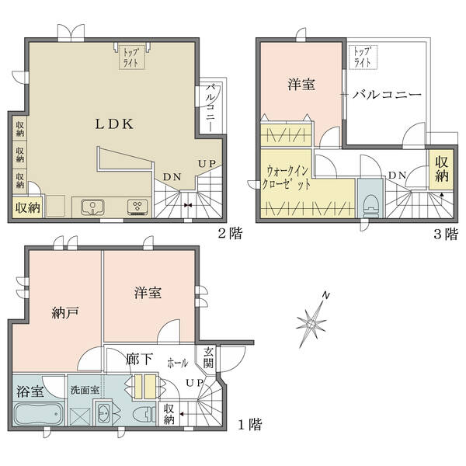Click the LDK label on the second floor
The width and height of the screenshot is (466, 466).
[114, 124]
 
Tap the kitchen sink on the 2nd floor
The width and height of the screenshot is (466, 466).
[92, 207]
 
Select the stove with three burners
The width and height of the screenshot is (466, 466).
[137, 207]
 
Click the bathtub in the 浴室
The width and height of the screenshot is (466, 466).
[38, 414]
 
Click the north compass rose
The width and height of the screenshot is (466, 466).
[313, 320]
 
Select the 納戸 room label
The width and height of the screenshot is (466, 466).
[65, 313]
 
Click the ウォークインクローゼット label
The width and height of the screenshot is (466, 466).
[286, 178]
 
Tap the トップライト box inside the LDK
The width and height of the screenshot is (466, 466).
[132, 57]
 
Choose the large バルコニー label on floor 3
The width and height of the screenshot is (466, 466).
[387, 95]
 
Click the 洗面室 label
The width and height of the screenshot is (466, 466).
[85, 390]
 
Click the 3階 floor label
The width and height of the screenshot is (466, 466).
[446, 234]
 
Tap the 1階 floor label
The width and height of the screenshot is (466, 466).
[250, 424]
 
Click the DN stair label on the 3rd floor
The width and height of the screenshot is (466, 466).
[398, 176]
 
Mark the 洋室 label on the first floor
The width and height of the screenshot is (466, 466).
[148, 293]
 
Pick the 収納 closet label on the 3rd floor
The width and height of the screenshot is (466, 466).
[442, 169]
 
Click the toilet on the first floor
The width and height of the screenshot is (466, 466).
[144, 414]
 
